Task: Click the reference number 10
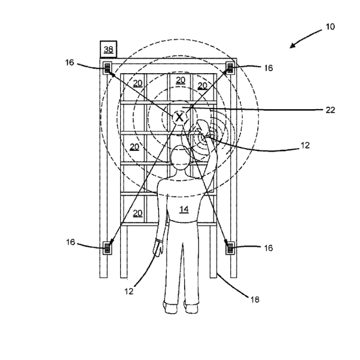click(x=330, y=27)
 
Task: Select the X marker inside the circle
click(x=180, y=117)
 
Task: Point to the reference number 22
click(x=330, y=109)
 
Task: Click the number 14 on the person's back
click(x=183, y=209)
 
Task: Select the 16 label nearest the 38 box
click(x=70, y=62)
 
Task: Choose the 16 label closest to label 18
click(x=268, y=247)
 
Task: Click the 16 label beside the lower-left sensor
click(x=70, y=242)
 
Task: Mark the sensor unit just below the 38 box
click(x=108, y=68)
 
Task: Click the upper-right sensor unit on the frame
click(x=230, y=68)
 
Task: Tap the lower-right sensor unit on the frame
click(x=230, y=248)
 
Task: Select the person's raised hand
click(x=203, y=129)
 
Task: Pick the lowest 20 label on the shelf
click(x=137, y=213)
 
